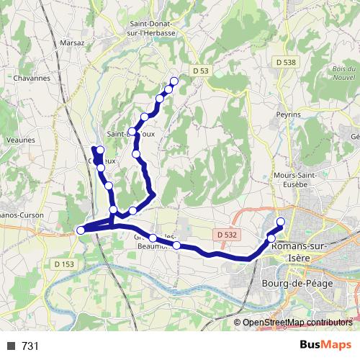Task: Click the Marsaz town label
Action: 73,42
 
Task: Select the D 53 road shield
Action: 200,70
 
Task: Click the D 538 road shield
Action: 285,63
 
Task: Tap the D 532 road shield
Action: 225,235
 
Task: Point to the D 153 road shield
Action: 63,264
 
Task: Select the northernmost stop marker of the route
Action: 174,81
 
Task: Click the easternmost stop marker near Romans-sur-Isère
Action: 281,222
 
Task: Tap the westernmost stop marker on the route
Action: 81,230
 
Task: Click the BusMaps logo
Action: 325,345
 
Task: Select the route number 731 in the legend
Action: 30,346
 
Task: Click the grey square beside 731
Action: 11,346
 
